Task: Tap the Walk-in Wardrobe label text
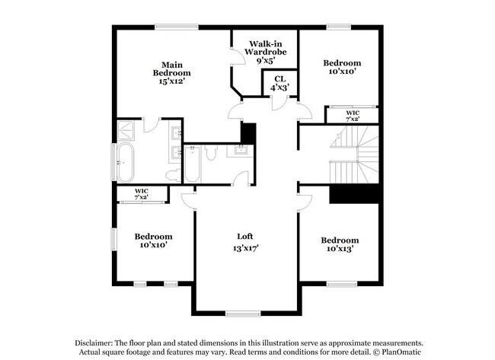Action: coord(264,52)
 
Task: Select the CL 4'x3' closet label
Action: coord(279,83)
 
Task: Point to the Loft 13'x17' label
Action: coord(246,242)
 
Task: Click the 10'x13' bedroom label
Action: coord(339,244)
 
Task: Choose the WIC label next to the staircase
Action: coord(352,115)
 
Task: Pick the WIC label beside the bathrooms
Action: coord(141,193)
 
